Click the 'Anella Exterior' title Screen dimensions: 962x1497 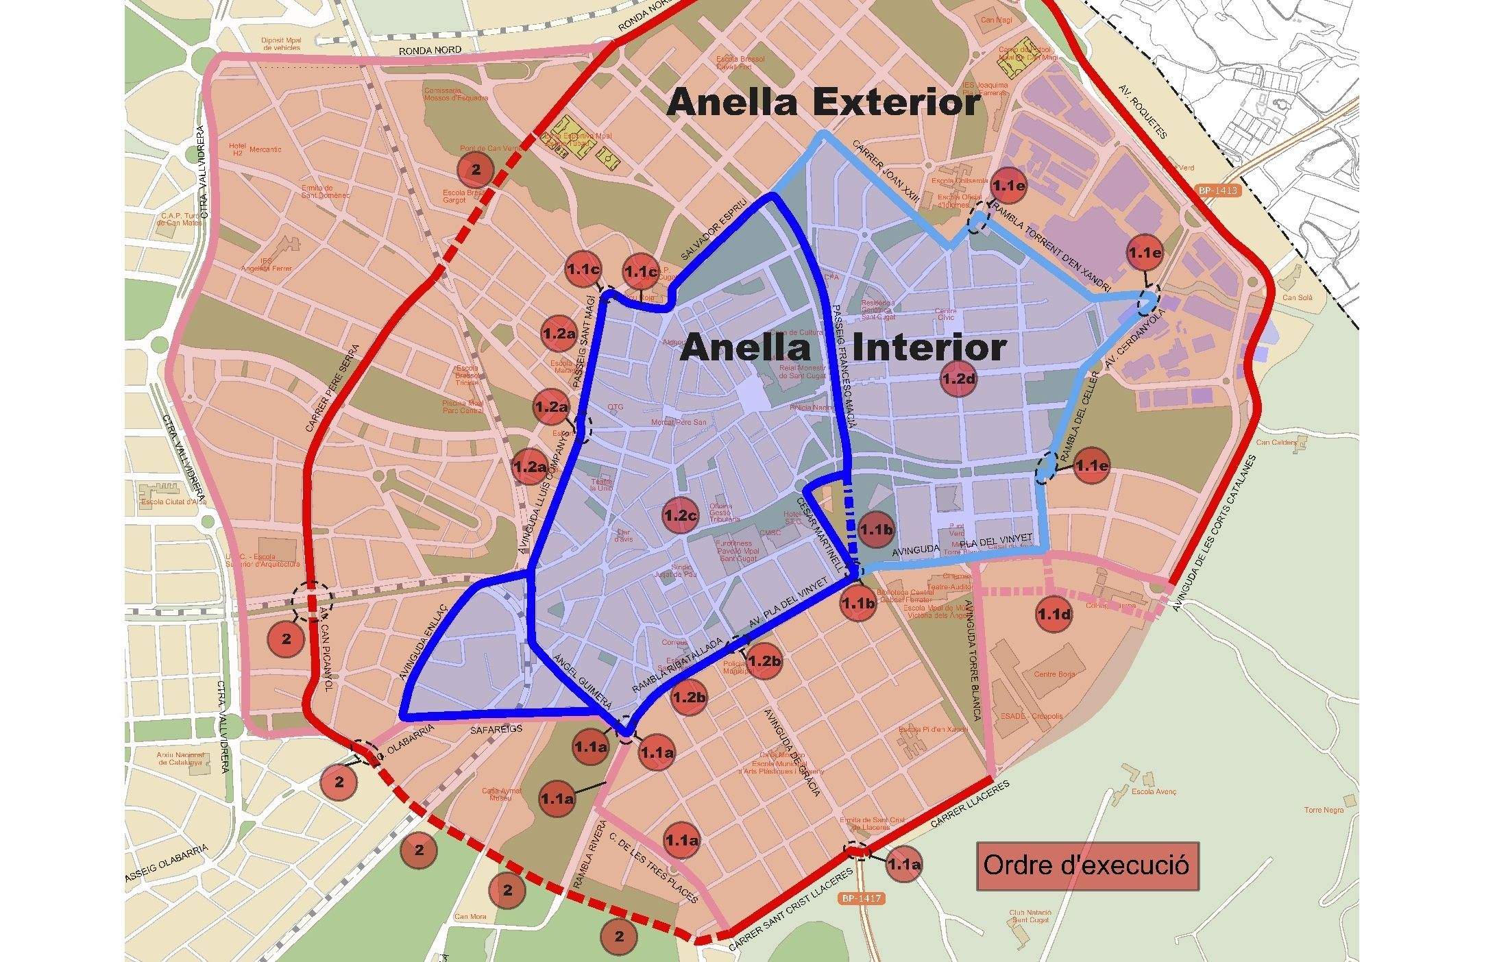[823, 103]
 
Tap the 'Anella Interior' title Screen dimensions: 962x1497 [843, 347]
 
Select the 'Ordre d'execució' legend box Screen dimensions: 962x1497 [1087, 865]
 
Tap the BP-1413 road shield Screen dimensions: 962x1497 [1219, 190]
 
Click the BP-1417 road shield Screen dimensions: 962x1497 [862, 898]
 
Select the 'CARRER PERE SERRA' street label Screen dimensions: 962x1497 [329, 388]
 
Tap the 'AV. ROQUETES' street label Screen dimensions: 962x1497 [1142, 112]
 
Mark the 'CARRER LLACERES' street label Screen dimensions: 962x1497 [971, 806]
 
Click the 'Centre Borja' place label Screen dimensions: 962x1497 [1055, 674]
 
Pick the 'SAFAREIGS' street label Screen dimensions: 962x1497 [496, 730]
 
